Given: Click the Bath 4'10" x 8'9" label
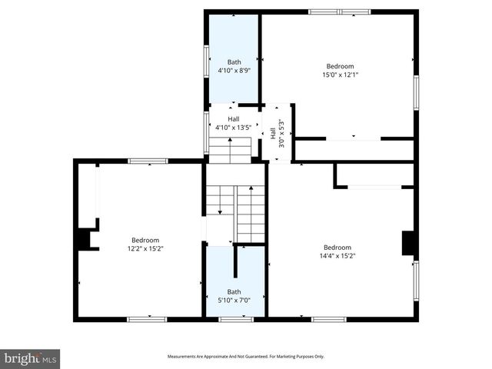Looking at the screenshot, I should click(x=234, y=66).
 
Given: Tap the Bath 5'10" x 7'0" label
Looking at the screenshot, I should click(x=234, y=296).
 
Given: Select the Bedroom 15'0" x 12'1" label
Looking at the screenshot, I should click(x=340, y=70).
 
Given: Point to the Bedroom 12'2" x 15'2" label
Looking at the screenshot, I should click(x=145, y=244).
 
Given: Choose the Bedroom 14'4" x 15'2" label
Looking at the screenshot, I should click(x=337, y=252).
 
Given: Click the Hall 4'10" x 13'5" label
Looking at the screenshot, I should click(x=233, y=123).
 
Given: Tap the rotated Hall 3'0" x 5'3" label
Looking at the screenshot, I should click(x=278, y=128).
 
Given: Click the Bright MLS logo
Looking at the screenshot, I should click(x=30, y=358).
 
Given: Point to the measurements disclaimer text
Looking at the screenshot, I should click(x=246, y=357).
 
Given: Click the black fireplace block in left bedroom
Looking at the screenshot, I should click(x=82, y=239).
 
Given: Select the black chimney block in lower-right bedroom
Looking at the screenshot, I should click(x=409, y=244).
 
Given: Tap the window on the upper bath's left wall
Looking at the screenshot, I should click(x=206, y=61).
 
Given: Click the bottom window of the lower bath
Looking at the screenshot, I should click(x=235, y=319).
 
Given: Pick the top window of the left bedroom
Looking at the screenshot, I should click(x=148, y=161).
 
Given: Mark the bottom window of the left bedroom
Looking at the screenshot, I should click(x=148, y=319).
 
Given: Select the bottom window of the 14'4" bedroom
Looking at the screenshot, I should click(x=328, y=319).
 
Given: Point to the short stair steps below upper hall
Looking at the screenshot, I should click(x=230, y=150).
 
